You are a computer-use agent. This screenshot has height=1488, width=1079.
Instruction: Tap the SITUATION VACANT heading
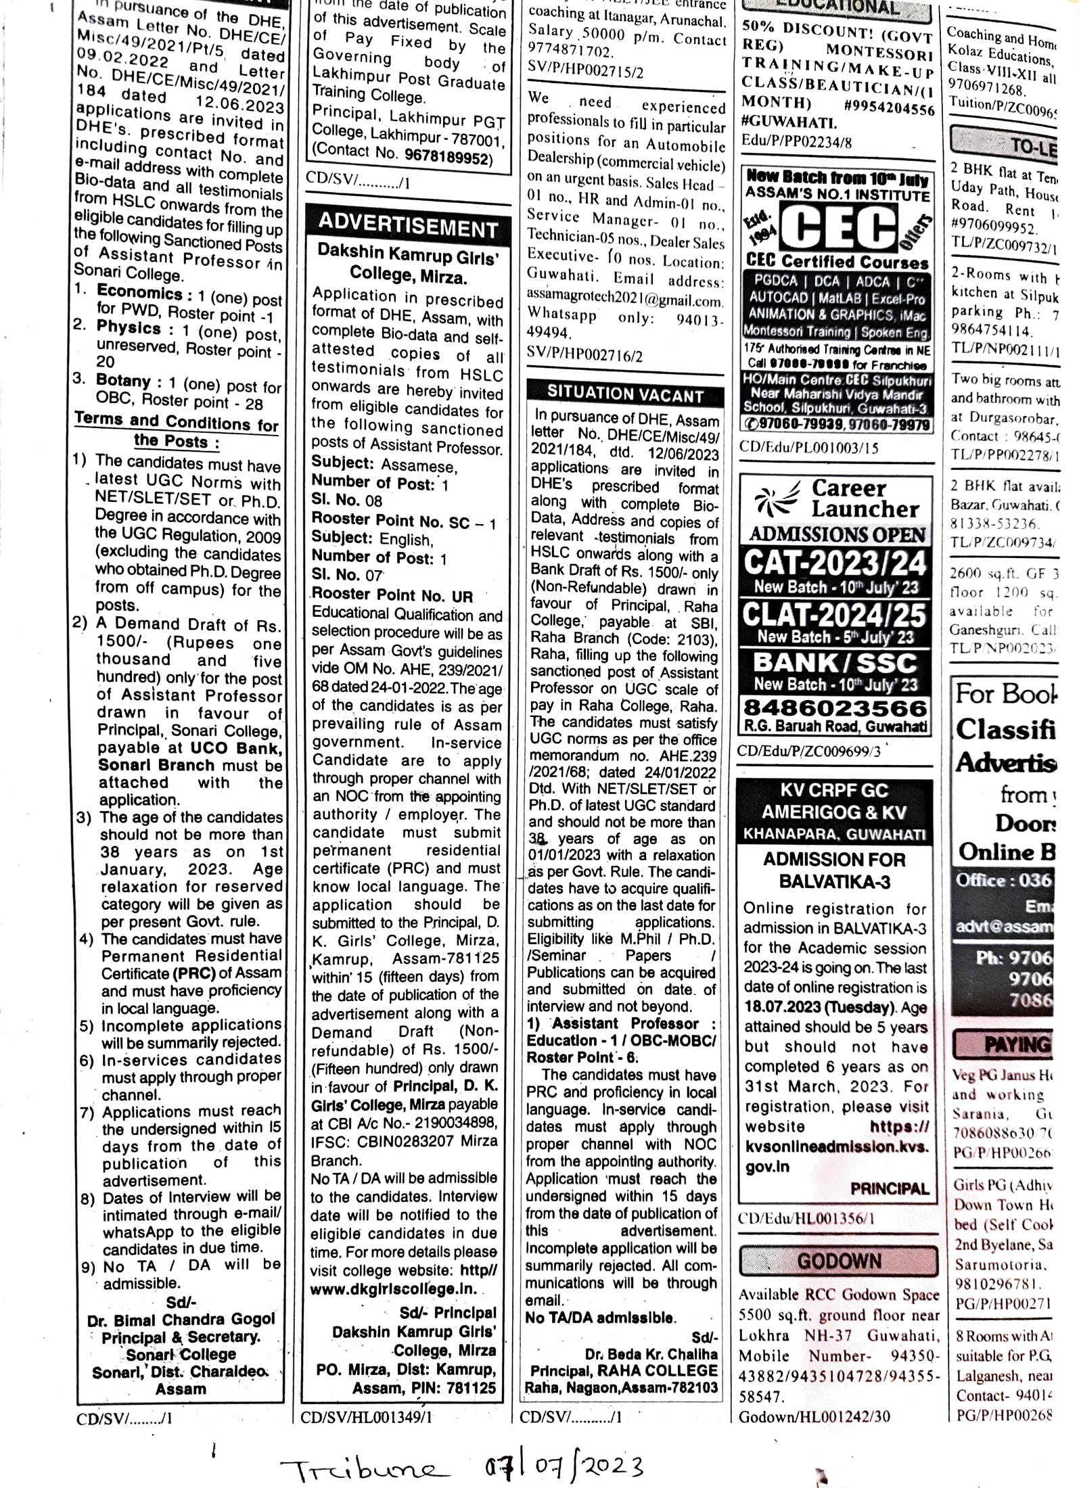(x=625, y=393)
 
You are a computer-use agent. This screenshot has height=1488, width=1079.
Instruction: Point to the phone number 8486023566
(x=835, y=707)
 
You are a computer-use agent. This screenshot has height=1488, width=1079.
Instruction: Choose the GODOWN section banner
(x=839, y=1261)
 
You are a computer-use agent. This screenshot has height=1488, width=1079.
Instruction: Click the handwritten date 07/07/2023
(x=555, y=1466)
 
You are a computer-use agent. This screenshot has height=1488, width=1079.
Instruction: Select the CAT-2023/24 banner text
(x=835, y=562)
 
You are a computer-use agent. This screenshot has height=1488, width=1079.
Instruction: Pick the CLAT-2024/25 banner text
(x=835, y=615)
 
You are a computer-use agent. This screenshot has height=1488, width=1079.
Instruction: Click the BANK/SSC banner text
(x=835, y=662)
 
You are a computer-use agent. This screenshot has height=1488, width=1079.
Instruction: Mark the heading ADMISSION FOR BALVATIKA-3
(x=835, y=870)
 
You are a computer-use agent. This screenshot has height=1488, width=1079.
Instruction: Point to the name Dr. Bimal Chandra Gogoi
(x=181, y=1320)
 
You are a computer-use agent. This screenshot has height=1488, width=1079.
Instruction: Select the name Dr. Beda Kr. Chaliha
(x=651, y=1353)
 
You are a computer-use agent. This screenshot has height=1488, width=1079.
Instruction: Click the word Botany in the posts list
(x=123, y=380)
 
